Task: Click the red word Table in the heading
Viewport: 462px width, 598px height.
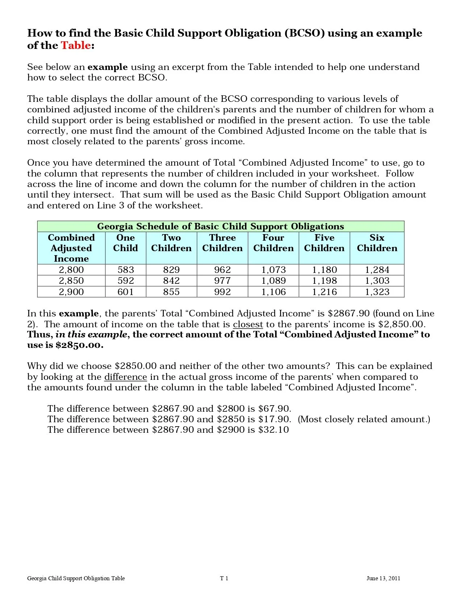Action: tap(75, 45)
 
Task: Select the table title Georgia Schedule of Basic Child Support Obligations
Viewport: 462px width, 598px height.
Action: tap(220, 227)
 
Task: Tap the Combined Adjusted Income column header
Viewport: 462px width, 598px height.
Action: tap(71, 248)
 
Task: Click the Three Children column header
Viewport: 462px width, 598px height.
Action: tap(222, 243)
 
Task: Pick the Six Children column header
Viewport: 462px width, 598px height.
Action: tap(377, 243)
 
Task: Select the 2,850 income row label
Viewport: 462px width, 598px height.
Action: tap(71, 281)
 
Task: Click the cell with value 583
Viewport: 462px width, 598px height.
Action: tap(125, 270)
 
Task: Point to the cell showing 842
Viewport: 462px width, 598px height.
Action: tap(171, 281)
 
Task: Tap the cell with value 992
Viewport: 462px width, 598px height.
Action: tap(222, 292)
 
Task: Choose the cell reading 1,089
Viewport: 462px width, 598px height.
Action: tap(273, 281)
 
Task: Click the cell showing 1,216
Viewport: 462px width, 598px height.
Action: tap(324, 292)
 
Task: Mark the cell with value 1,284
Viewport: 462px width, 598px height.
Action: tap(377, 270)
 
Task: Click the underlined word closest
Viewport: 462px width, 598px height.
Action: tap(248, 324)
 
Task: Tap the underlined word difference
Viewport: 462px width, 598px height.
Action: tap(125, 377)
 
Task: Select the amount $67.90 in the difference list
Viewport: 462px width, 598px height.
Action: tap(274, 409)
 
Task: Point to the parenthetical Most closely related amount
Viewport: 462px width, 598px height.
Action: tap(364, 419)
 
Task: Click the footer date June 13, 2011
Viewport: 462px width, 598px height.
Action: tap(383, 578)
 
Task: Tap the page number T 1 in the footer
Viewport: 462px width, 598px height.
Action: tap(224, 578)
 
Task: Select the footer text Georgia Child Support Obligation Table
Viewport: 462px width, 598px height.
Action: tap(76, 578)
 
